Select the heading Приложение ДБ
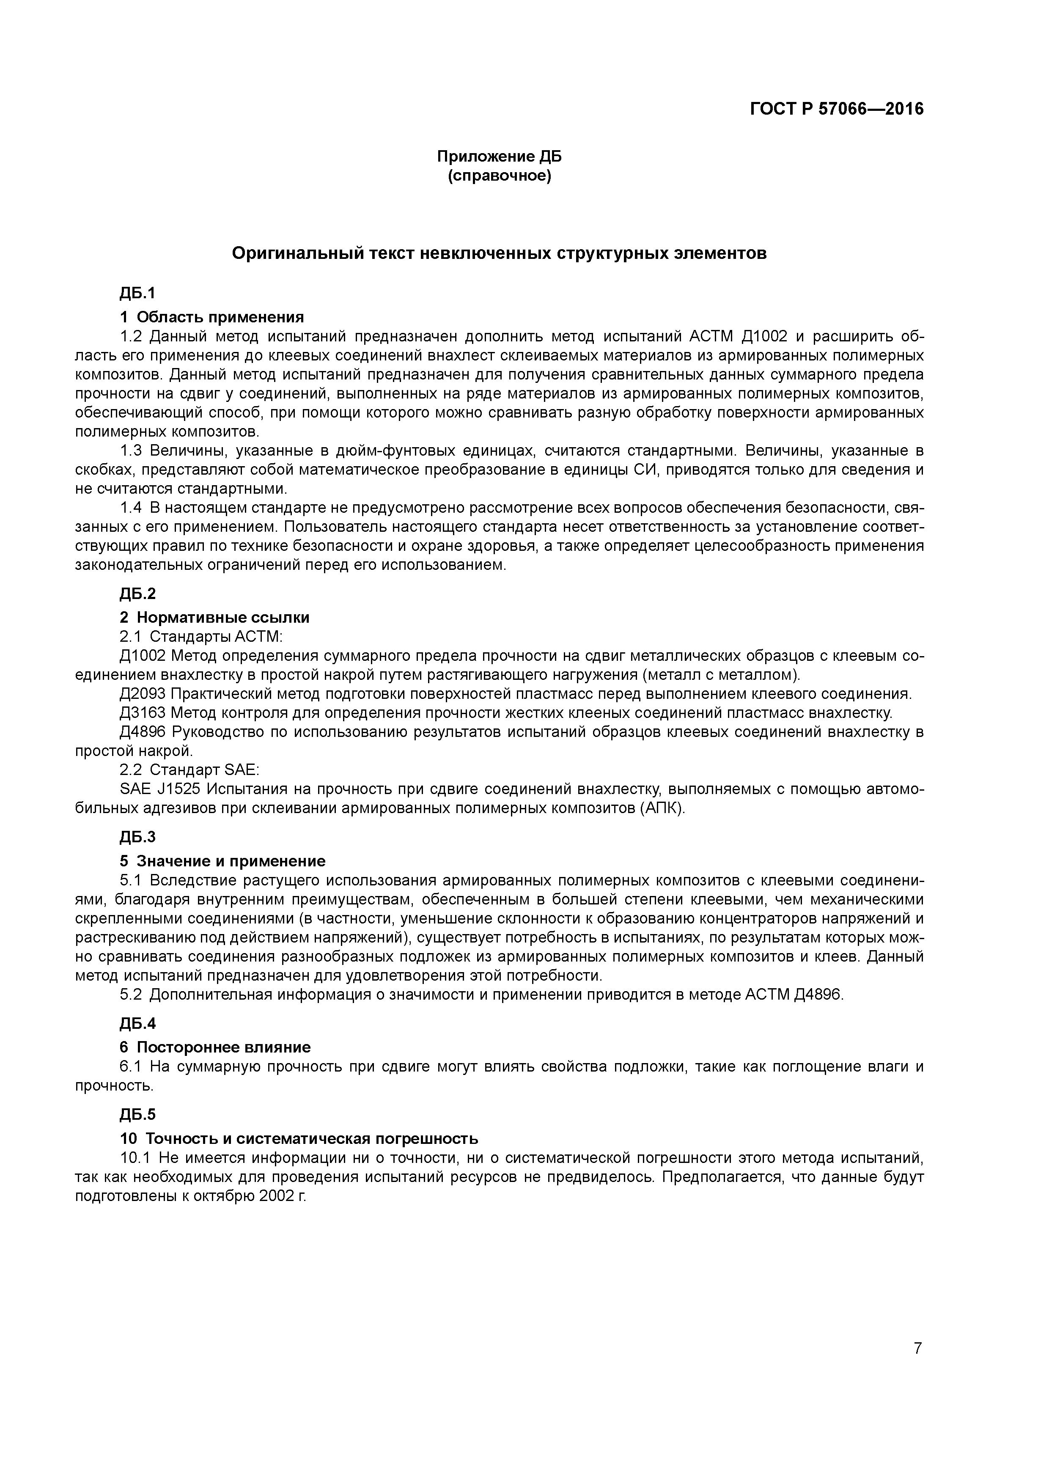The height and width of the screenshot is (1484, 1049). point(499,157)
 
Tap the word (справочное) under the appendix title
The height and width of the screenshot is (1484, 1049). point(499,176)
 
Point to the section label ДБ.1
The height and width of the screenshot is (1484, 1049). point(137,294)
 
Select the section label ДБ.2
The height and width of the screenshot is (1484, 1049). point(137,594)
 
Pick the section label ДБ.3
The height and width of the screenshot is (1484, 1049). point(137,837)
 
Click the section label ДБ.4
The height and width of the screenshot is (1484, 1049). point(137,1023)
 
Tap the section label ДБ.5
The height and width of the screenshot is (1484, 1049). point(137,1114)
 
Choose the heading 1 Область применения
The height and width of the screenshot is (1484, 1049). point(211,317)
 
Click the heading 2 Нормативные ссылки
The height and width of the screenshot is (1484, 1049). point(214,617)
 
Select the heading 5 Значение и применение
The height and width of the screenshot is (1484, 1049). point(222,861)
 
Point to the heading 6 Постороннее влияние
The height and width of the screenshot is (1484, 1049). point(214,1047)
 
